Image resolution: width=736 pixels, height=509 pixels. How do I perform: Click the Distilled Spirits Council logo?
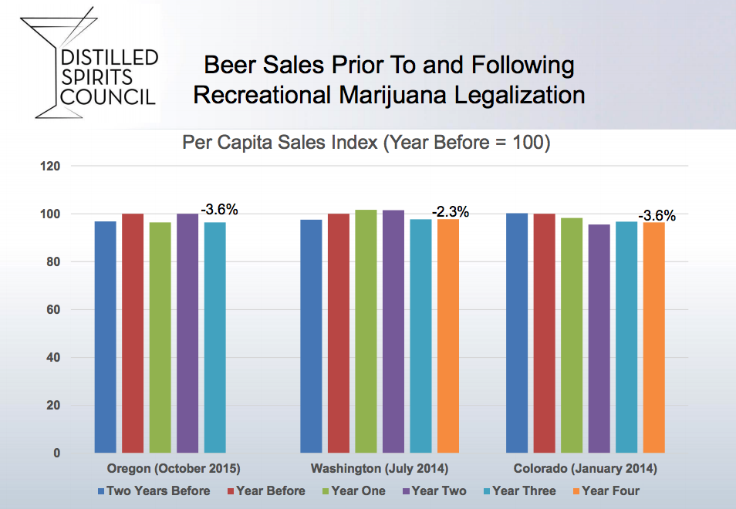(90, 66)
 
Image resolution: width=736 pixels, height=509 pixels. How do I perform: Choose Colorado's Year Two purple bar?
(599, 339)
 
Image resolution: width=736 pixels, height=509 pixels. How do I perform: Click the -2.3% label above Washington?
(451, 212)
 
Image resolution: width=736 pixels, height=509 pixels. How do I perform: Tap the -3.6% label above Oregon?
(220, 209)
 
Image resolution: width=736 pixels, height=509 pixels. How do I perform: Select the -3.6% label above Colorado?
(657, 216)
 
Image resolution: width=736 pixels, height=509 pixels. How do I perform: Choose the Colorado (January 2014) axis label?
(586, 469)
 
